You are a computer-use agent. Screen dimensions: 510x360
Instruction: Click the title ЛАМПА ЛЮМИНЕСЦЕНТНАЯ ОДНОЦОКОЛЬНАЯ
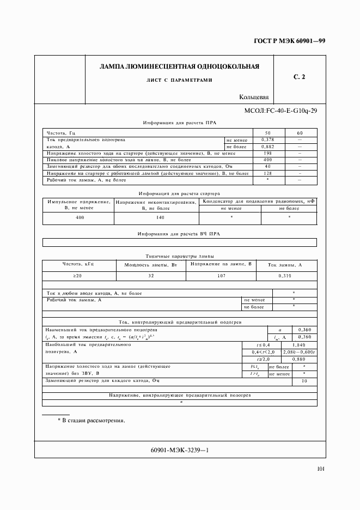[179, 66]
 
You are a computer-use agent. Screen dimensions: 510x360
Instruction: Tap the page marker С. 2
[299, 77]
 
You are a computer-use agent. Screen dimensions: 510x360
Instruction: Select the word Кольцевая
[254, 98]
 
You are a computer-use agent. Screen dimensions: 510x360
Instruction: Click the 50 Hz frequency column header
[267, 133]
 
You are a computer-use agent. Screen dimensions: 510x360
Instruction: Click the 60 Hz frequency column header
[300, 133]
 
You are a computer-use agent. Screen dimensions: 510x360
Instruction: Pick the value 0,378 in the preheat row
[267, 140]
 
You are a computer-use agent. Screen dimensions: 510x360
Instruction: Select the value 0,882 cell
[267, 147]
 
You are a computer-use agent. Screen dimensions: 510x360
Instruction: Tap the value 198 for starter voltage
[267, 153]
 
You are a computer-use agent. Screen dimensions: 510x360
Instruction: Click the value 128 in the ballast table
[267, 173]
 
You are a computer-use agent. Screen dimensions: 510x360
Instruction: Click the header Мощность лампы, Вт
[151, 264]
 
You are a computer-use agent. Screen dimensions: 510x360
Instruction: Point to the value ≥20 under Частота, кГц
[79, 276]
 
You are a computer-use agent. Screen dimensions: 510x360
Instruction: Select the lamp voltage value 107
[221, 276]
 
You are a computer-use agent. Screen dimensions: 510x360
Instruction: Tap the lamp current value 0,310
[284, 276]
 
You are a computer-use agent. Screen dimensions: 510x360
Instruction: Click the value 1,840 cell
[299, 345]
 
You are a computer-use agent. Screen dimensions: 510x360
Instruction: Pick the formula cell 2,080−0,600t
[299, 352]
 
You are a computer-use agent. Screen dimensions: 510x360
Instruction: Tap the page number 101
[320, 469]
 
